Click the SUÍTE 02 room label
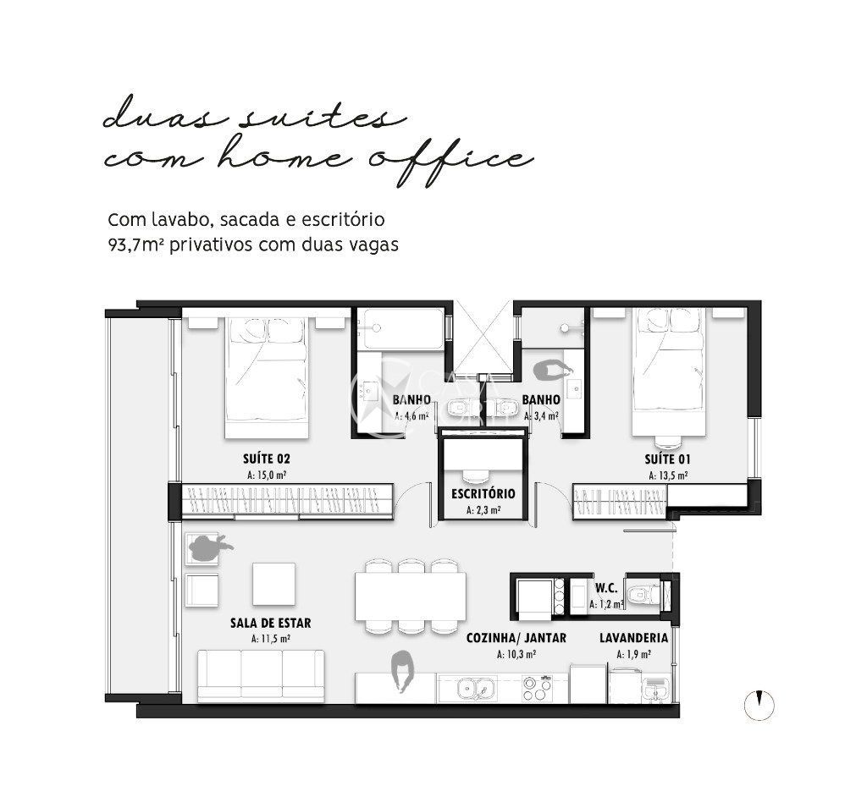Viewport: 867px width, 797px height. click(267, 459)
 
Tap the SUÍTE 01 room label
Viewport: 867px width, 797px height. click(668, 459)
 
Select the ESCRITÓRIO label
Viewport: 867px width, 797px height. click(483, 493)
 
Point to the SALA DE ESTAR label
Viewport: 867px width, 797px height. click(270, 623)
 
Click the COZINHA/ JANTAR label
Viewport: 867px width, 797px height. click(516, 638)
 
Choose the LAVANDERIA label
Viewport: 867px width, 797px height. click(633, 638)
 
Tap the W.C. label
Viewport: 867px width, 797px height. click(605, 587)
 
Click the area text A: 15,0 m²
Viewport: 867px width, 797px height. click(267, 475)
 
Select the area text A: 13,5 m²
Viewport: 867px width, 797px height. click(668, 475)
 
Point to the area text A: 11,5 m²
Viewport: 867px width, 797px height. click(270, 639)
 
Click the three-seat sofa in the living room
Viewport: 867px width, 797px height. click(262, 675)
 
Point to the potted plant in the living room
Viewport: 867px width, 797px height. click(207, 547)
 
